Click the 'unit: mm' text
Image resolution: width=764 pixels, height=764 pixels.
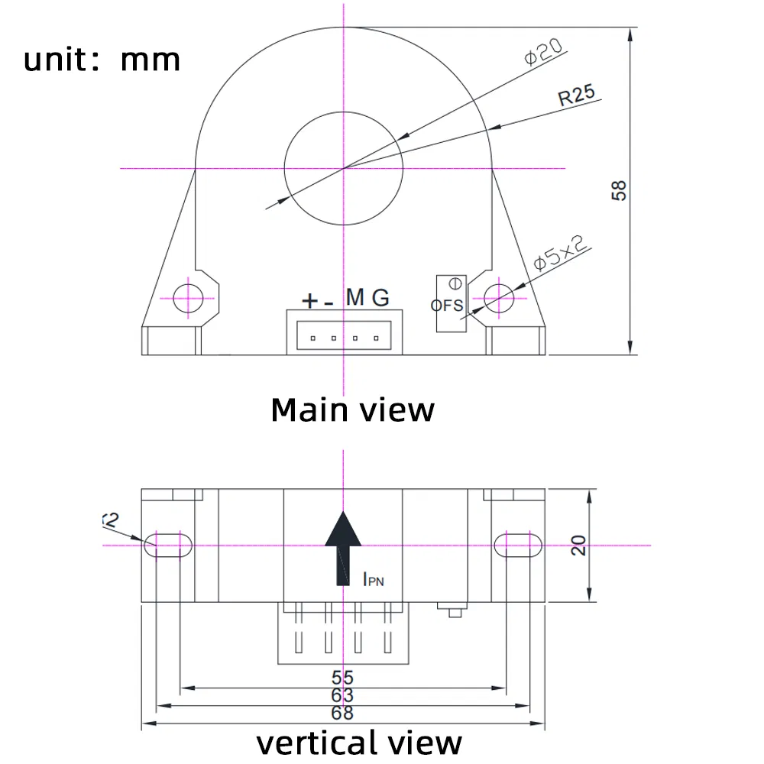[102, 59]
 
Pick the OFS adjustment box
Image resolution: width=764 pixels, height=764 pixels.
[450, 304]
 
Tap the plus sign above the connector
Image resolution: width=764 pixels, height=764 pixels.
[309, 301]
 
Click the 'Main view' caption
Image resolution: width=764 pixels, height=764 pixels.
[352, 410]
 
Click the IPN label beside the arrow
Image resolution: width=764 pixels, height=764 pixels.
[373, 580]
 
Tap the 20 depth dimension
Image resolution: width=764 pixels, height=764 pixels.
[578, 545]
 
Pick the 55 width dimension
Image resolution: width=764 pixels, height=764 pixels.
[342, 677]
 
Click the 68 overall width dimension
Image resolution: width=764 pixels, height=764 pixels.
[342, 713]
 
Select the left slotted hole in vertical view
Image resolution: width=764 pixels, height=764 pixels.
[168, 544]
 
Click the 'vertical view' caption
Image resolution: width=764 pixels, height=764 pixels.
[358, 743]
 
